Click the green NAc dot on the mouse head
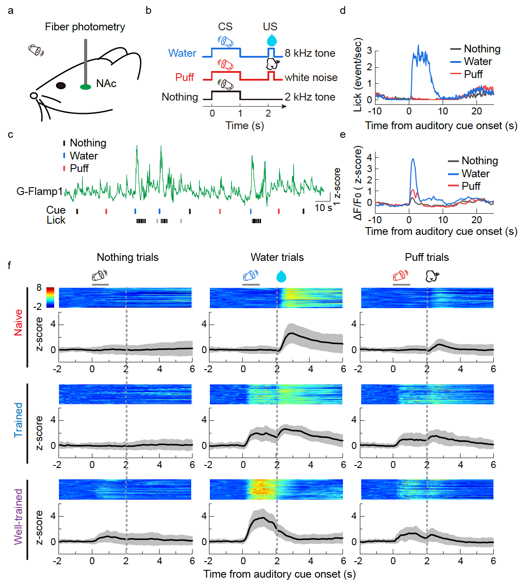coord(85,87)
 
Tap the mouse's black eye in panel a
coord(61,85)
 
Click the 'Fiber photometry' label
coord(85,27)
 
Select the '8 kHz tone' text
coord(310,53)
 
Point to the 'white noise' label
coord(311,78)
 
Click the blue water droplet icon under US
coord(272,40)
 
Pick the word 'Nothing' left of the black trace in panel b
coord(180,97)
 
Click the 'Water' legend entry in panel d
coord(477,62)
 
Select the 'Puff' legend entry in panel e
coord(471,186)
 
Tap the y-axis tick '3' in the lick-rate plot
coord(369,51)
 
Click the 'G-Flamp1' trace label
coord(39,192)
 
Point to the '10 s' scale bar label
coord(323,208)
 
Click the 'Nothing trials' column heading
coord(127,257)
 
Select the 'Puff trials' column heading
coord(427,257)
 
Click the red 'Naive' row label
coord(18,322)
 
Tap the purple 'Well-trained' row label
coord(18,517)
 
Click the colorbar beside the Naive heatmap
coord(50,297)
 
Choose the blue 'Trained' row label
coord(18,419)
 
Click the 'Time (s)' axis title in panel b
coord(245,126)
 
